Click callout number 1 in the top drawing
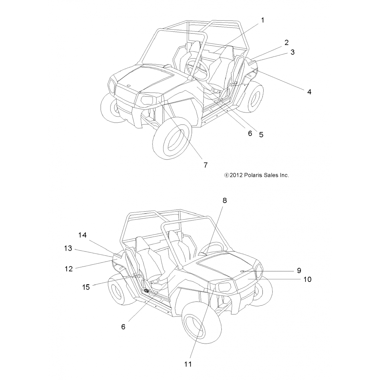pos(262,20)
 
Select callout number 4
pos(309,92)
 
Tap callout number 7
pos(205,165)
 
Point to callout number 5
pos(261,135)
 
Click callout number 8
pos(224,200)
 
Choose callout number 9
pos(299,271)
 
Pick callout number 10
pos(307,279)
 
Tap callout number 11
pos(188,364)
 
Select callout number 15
pos(86,287)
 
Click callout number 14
pos(82,235)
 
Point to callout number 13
pos(68,248)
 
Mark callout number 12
pos(69,269)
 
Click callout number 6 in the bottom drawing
pos(123,327)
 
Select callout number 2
pos(286,42)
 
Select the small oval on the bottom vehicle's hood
pos(242,271)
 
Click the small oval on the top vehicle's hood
pos(128,86)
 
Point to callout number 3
pos(292,52)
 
